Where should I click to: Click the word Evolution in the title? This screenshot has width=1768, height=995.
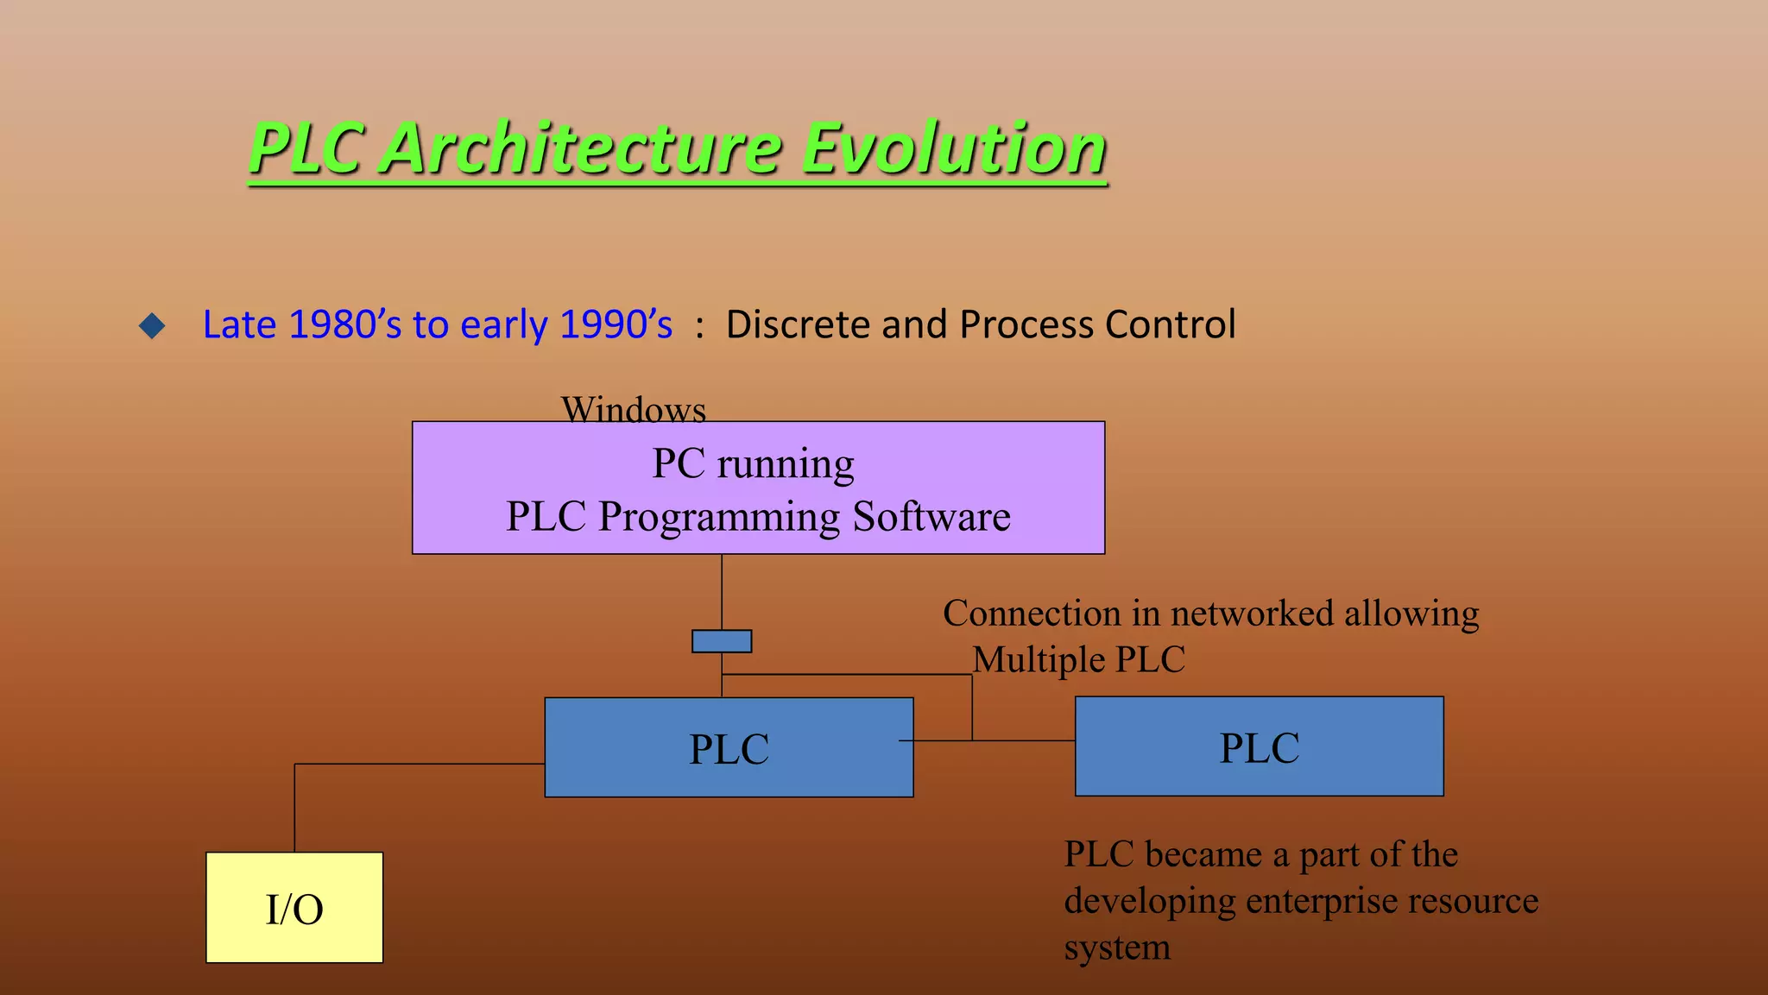click(x=954, y=148)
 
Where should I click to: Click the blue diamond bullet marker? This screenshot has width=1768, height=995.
click(x=152, y=325)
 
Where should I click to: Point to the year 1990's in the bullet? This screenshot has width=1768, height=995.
click(x=616, y=325)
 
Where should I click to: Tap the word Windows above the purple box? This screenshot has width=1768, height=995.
click(x=634, y=409)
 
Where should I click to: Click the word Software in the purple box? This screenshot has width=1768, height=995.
click(x=931, y=517)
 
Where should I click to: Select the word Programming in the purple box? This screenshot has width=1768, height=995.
click(x=719, y=517)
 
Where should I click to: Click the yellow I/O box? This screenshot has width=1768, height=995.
click(x=294, y=908)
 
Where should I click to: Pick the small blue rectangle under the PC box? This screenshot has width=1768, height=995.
click(x=722, y=641)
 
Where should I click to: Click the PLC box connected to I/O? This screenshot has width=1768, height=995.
click(x=729, y=747)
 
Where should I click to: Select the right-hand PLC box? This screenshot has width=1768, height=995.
click(x=1259, y=746)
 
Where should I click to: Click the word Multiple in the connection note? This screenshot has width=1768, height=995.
click(x=1039, y=660)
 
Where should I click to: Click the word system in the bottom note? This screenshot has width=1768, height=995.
click(x=1117, y=948)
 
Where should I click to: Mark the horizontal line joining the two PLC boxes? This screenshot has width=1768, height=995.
click(x=1024, y=740)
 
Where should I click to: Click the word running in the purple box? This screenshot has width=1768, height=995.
click(x=786, y=464)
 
